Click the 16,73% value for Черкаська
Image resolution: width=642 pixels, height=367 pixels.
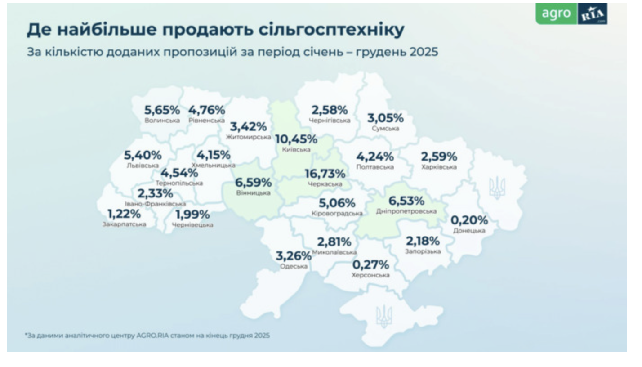click(325, 174)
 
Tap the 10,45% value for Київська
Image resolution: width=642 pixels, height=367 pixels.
click(296, 139)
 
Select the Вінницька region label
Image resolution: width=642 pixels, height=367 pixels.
click(253, 193)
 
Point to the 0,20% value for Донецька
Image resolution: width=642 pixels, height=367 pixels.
click(469, 220)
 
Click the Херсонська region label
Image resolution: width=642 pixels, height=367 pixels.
click(371, 275)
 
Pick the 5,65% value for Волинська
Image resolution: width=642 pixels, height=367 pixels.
click(162, 110)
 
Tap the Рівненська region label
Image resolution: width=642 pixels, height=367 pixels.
click(206, 121)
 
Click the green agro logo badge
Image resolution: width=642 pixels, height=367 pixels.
click(556, 14)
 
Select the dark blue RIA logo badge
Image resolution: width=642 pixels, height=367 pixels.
click(592, 14)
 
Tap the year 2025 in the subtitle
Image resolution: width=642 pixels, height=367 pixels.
click(424, 52)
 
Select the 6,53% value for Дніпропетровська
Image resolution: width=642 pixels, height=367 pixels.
click(406, 201)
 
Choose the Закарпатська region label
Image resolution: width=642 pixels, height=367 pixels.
click(124, 224)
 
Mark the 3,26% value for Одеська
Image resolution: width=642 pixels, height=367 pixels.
click(293, 256)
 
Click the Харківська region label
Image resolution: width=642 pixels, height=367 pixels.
click(439, 167)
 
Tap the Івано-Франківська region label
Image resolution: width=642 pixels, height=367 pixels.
click(155, 204)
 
